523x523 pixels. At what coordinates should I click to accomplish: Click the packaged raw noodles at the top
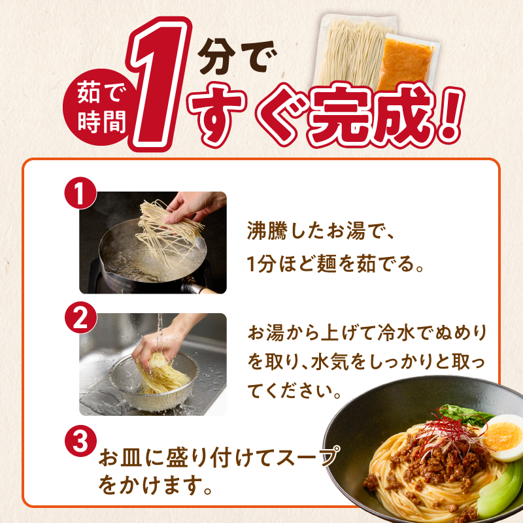coord(348,56)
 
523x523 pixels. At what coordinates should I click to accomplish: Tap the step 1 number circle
coord(80,194)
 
